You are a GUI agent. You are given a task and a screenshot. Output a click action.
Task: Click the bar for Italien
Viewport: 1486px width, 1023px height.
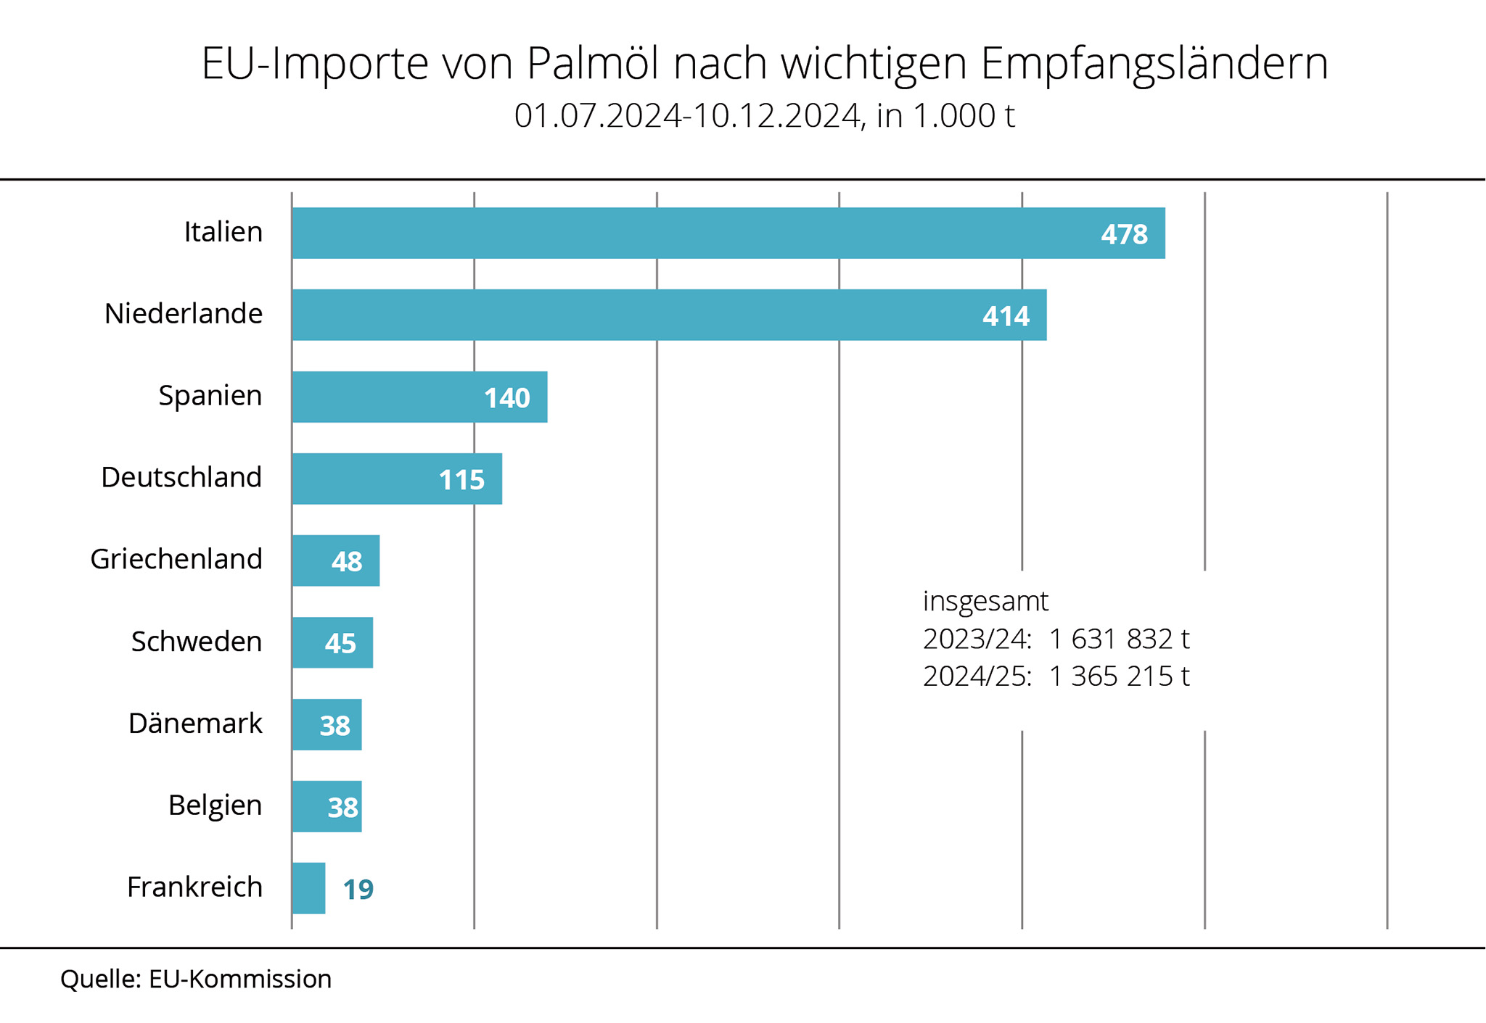[x=728, y=233]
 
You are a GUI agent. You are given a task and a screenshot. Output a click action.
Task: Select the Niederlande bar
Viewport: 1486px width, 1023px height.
[x=669, y=315]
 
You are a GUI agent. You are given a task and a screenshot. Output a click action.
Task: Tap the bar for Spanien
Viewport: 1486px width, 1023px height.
[x=419, y=397]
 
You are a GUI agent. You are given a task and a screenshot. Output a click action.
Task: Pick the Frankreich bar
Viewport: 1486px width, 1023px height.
[x=308, y=888]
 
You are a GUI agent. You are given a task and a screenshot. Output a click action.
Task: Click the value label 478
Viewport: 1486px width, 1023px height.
[x=1124, y=234]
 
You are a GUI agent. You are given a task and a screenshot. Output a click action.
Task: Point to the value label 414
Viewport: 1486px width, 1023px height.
[x=1006, y=316]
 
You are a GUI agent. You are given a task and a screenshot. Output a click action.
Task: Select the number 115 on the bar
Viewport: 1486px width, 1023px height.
[x=461, y=480]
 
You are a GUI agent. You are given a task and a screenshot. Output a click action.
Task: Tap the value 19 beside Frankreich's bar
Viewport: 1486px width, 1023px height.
[x=358, y=890]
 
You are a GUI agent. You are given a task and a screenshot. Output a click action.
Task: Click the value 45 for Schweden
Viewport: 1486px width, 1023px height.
[x=340, y=643]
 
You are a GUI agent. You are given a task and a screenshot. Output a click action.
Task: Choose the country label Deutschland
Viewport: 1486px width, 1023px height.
[x=181, y=477]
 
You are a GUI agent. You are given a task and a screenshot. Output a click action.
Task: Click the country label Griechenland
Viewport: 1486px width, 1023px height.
[x=176, y=559]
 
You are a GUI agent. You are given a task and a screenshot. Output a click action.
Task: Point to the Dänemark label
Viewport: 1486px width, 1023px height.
[x=195, y=724]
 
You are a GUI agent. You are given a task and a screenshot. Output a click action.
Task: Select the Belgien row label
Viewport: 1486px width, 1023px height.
[x=215, y=805]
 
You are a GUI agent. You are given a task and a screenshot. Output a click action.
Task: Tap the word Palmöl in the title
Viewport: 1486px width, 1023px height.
[x=593, y=63]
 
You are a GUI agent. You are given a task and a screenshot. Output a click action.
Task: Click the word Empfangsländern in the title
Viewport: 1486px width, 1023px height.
[x=1154, y=63]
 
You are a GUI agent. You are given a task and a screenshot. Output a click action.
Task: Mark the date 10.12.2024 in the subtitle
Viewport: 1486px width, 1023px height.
[x=776, y=116]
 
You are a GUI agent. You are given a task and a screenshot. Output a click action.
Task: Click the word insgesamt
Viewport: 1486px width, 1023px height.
[x=985, y=601]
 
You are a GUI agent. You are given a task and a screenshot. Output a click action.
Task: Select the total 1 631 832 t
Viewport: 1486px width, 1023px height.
[x=1119, y=639]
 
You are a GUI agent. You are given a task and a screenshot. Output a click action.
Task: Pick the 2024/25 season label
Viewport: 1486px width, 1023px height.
[x=977, y=676]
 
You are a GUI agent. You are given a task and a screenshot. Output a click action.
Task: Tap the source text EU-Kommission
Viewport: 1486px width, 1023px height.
[x=240, y=979]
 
